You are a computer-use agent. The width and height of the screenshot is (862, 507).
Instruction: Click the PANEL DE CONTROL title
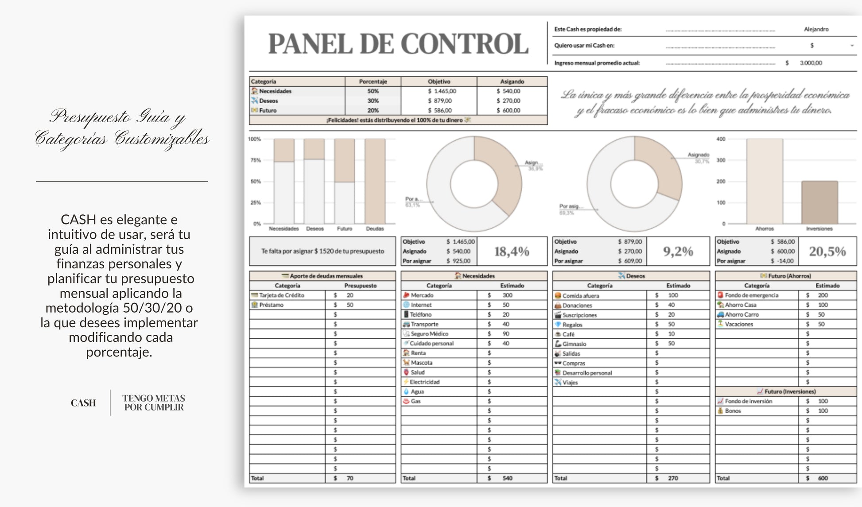pos(398,44)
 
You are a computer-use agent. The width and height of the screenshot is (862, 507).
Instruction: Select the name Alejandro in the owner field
pos(816,29)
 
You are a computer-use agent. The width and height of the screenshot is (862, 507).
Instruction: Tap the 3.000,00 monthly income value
pos(811,63)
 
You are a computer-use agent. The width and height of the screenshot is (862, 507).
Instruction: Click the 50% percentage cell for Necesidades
pos(373,91)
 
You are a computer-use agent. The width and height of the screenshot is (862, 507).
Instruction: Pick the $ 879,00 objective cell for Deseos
pos(439,101)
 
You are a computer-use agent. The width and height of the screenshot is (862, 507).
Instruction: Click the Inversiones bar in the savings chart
pos(819,202)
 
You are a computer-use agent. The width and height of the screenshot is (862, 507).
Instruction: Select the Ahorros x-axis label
pos(764,229)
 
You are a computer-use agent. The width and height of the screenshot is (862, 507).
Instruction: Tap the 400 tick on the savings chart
pos(721,139)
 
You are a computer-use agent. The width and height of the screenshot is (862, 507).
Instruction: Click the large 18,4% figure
pos(512,252)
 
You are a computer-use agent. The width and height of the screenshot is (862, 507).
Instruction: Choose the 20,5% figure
pos(827,252)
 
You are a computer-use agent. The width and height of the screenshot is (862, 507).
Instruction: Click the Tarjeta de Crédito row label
pos(282,295)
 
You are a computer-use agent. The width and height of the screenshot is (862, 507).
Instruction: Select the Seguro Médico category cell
pos(429,334)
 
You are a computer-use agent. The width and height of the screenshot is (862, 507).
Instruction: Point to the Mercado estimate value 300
pos(507,295)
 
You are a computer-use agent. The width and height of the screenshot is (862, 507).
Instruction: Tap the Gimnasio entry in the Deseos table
pos(574,344)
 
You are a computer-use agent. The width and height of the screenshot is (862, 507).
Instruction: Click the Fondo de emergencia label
pos(751,295)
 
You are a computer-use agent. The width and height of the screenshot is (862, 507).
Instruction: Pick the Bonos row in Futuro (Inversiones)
pos(733,411)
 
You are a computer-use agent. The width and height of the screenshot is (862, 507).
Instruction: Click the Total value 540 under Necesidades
pos(507,478)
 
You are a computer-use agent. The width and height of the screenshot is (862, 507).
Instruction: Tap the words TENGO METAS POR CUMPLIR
pos(154,403)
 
